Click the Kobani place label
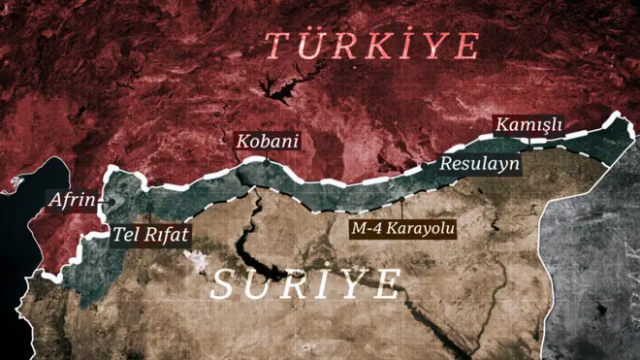click(x=267, y=141)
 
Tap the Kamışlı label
click(x=528, y=125)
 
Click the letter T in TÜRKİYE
click(x=278, y=46)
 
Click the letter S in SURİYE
click(x=224, y=285)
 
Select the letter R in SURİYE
click(x=296, y=285)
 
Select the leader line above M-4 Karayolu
click(x=402, y=209)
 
